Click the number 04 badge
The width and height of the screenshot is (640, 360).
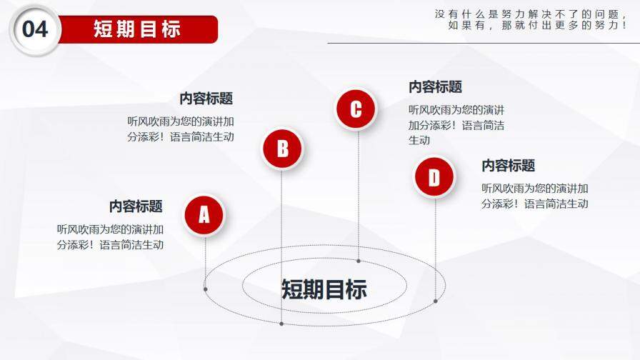pos(35,29)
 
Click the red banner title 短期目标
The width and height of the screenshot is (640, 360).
pos(137,29)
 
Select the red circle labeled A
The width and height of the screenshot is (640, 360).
pos(204,214)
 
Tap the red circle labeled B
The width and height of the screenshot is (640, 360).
pos(282,149)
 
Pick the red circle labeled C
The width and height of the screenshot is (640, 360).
pos(356,109)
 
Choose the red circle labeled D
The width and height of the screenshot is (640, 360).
pos(434,177)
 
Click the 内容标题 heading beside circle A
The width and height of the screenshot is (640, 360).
pos(136,206)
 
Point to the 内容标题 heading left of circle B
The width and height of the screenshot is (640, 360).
pos(206,99)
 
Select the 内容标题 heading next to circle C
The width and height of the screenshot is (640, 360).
pos(435,87)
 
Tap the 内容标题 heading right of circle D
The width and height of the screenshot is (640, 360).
pos(508,166)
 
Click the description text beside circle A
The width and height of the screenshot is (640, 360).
pos(111,237)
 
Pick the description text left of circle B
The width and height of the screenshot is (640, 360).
pos(181,129)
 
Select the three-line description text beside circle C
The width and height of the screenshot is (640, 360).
pos(456,125)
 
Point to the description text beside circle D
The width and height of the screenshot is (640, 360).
pos(534,196)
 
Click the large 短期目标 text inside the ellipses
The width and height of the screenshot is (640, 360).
pos(324,289)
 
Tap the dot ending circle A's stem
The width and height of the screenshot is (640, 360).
pos(206,289)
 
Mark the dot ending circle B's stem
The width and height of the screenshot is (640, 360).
pos(282,324)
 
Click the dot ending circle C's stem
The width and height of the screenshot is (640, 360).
pos(359,261)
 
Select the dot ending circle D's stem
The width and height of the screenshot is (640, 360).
pos(435,301)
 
